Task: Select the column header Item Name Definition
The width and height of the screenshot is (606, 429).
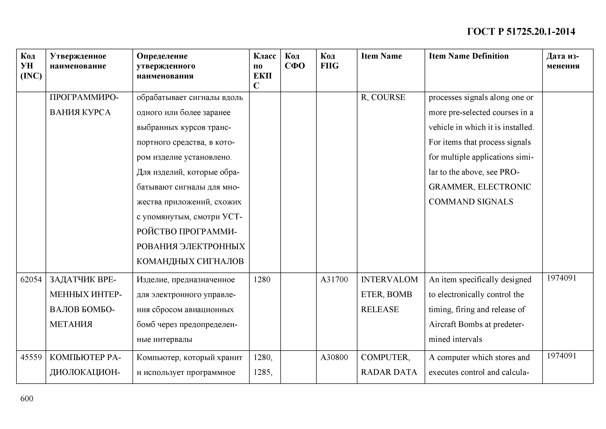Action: (x=468, y=56)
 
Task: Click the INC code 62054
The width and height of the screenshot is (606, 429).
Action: (x=31, y=279)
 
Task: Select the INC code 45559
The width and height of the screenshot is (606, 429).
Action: (x=31, y=357)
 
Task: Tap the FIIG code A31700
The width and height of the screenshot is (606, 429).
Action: (x=334, y=279)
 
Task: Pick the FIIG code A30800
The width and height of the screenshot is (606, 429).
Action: (x=334, y=357)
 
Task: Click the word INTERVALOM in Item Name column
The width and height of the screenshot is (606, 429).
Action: (x=389, y=279)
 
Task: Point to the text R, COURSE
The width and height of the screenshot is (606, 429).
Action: (x=383, y=98)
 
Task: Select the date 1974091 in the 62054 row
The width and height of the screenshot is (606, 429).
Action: (x=561, y=278)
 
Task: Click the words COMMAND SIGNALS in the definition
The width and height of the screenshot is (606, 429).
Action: (x=471, y=202)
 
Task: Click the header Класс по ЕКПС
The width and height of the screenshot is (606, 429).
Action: (x=264, y=71)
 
